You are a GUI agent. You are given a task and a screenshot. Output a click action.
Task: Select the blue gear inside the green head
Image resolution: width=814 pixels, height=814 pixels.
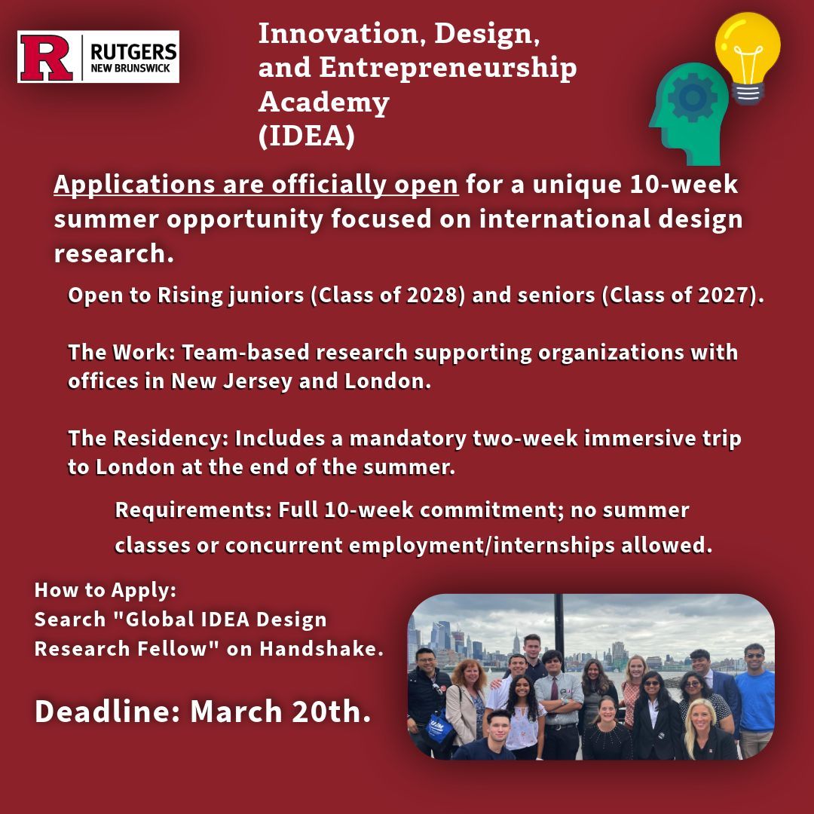coord(691,96)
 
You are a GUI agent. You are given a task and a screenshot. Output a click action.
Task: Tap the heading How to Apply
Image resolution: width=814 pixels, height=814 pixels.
coord(106,589)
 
